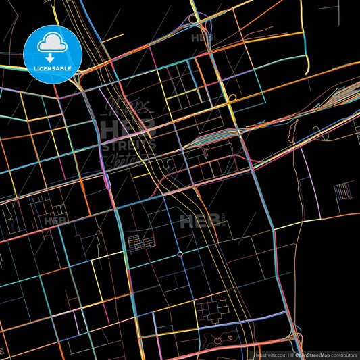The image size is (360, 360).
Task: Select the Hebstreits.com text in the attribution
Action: pyautogui.click(x=269, y=355)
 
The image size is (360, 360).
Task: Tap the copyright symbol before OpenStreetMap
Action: pyautogui.click(x=292, y=355)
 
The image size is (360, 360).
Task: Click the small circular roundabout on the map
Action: pyautogui.click(x=180, y=254)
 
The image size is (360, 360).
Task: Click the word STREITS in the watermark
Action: pyautogui.click(x=128, y=145)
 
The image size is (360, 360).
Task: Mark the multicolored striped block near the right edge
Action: pyautogui.click(x=342, y=191)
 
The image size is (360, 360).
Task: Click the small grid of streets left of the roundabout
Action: pyautogui.click(x=139, y=242)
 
